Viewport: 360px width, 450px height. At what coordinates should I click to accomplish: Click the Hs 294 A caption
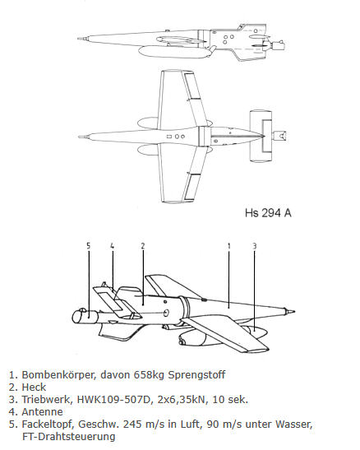[268, 213]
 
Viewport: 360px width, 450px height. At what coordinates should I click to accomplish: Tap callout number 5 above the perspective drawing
[89, 246]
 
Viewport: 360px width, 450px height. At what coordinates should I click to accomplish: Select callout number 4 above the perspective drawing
[113, 246]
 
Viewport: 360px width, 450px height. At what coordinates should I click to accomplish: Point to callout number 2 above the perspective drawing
[143, 246]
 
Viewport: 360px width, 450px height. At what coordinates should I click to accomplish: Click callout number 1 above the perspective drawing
[228, 246]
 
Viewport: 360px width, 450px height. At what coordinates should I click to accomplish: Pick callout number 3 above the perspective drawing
[255, 246]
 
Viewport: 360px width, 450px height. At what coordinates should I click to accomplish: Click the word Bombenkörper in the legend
[58, 375]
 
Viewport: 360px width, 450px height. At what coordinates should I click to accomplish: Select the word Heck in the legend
[34, 387]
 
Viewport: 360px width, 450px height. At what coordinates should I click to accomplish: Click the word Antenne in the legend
[42, 412]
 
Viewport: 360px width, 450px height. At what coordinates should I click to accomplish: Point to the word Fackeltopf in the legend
[48, 424]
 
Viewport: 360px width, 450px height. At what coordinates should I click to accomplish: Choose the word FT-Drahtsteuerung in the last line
[69, 437]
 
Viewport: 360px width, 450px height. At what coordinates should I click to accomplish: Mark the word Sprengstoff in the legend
[196, 375]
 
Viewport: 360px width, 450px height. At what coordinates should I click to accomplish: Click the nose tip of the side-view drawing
[78, 38]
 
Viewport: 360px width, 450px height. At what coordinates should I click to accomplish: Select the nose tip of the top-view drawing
[79, 137]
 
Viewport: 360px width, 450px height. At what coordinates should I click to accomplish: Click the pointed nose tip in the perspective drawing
[295, 312]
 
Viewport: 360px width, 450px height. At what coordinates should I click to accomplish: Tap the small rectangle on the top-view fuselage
[169, 137]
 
